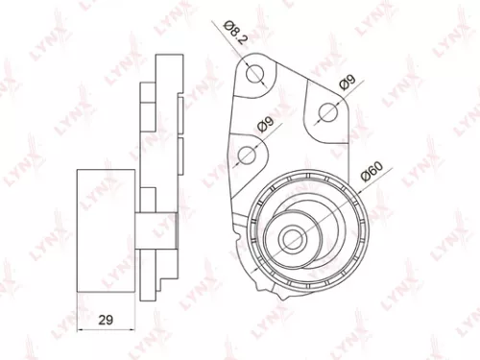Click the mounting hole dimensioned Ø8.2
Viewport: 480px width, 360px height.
click(254, 74)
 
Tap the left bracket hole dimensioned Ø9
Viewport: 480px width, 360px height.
click(247, 154)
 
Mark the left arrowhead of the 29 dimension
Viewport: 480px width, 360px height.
click(81, 328)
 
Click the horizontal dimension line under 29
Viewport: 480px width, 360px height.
click(107, 328)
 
